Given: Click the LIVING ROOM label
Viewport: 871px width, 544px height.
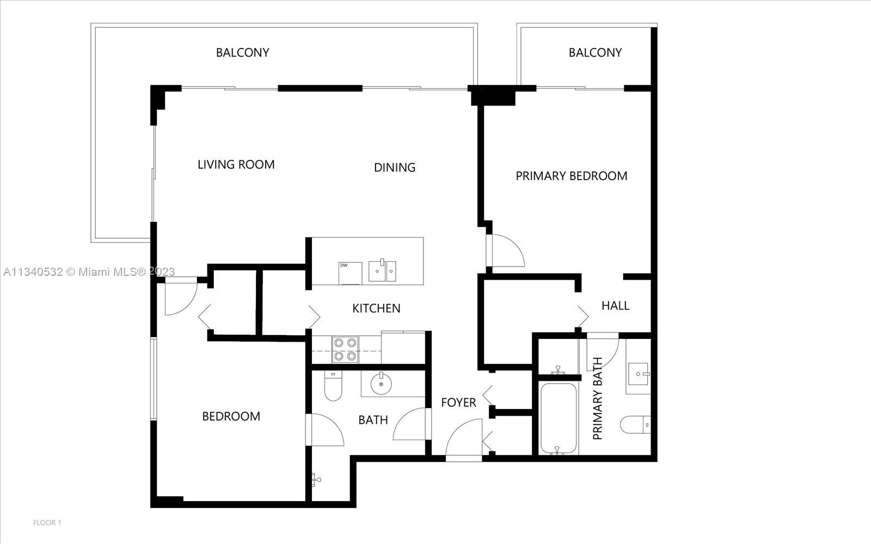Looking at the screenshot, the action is (236, 165).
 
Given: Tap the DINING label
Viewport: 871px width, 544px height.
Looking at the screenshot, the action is (395, 168).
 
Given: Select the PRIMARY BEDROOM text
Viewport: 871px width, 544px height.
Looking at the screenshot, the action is (571, 176).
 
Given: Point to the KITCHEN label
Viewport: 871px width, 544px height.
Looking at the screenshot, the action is (376, 308).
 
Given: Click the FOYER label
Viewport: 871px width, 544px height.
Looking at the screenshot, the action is (458, 403).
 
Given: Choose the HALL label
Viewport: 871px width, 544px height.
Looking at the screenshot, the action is (615, 306).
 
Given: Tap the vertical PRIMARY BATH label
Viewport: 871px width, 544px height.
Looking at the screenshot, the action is (597, 398).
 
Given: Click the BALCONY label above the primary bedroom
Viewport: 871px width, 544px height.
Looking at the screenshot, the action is (595, 52).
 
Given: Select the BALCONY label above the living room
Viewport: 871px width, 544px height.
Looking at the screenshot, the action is (243, 52).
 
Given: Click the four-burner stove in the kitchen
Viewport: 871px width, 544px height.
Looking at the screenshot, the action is (345, 350).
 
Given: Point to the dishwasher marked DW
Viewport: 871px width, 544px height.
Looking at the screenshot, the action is (350, 273).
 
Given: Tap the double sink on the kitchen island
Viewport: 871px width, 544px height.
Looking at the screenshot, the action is (382, 270).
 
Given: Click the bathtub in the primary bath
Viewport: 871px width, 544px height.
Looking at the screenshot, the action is (559, 419).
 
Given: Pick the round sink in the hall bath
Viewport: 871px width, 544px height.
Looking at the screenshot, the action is (381, 384).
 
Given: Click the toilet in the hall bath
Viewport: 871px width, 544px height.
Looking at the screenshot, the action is (333, 386).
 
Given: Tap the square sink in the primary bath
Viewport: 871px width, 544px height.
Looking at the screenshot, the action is (637, 374).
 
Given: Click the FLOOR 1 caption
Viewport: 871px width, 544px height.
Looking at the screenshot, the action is (47, 523).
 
